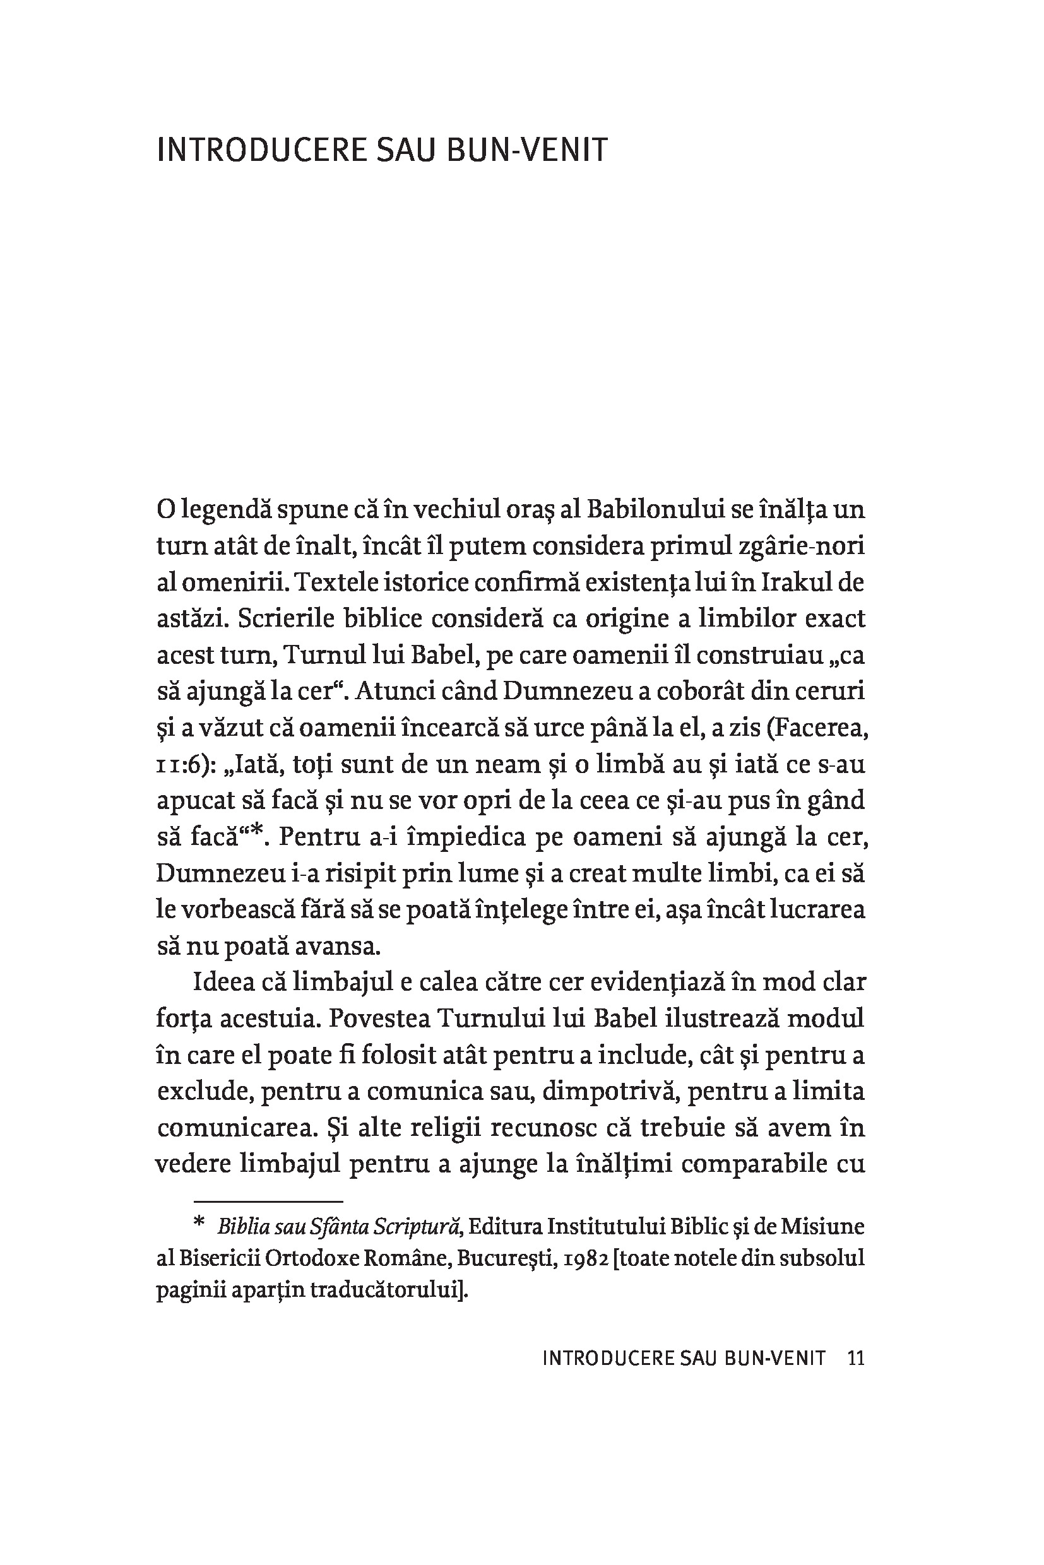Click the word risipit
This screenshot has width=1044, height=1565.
coord(344,873)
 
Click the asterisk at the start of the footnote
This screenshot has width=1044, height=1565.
coord(198,1224)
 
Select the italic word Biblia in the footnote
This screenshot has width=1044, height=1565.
coord(240,1225)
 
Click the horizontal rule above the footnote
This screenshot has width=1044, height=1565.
coord(268,1202)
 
